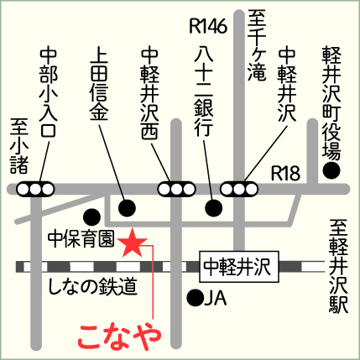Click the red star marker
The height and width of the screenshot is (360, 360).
point(132,243)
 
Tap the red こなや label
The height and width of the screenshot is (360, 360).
point(120,337)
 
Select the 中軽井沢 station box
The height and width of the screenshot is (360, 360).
point(239,267)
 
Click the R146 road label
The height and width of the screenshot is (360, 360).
point(208,27)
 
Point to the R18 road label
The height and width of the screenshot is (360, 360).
point(285,174)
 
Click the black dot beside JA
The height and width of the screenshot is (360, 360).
point(196,298)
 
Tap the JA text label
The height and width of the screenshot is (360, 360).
point(216,298)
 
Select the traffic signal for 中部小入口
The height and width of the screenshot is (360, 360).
point(35,190)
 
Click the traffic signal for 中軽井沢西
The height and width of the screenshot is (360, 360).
point(176,190)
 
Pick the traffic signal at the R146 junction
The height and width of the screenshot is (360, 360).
point(239,190)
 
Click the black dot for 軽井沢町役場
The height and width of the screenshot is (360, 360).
point(331,170)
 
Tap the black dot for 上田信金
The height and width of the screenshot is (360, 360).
point(127,208)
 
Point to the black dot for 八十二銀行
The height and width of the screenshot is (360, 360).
point(214,208)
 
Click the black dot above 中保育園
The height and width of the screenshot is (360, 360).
point(92,217)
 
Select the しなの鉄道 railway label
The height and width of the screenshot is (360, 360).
point(92,287)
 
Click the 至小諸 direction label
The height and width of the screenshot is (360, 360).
point(19,146)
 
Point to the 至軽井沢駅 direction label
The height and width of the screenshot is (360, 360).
point(338,266)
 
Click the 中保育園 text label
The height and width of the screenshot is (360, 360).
point(81,239)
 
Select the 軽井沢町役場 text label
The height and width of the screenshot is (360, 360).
point(331,103)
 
